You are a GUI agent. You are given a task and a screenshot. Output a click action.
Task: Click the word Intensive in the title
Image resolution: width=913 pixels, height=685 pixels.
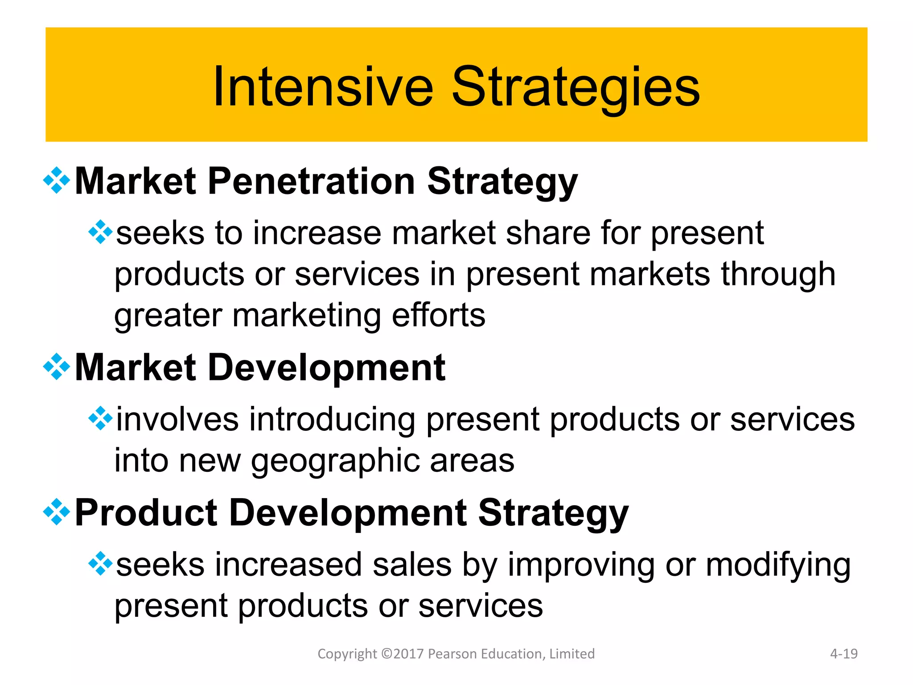(x=323, y=87)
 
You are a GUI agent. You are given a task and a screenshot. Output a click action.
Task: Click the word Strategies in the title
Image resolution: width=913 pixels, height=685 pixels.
(x=576, y=87)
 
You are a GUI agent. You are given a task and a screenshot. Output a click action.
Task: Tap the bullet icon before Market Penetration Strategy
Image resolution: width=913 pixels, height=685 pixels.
(x=57, y=181)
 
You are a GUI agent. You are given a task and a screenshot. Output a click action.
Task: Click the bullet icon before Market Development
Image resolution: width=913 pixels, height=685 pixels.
(x=57, y=367)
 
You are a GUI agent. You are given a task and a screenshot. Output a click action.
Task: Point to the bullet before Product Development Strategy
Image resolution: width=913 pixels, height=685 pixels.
(x=57, y=512)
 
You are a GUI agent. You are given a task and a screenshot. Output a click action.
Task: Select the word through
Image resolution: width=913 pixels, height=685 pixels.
(x=778, y=274)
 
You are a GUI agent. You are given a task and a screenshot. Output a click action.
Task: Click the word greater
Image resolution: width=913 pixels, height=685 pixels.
(x=168, y=315)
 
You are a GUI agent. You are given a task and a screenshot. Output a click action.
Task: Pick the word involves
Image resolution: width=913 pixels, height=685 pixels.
(x=177, y=419)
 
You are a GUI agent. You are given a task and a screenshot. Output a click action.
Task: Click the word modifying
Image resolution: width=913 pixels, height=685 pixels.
(x=778, y=565)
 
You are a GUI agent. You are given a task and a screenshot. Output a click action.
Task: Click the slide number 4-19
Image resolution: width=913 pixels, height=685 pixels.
(x=843, y=654)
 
